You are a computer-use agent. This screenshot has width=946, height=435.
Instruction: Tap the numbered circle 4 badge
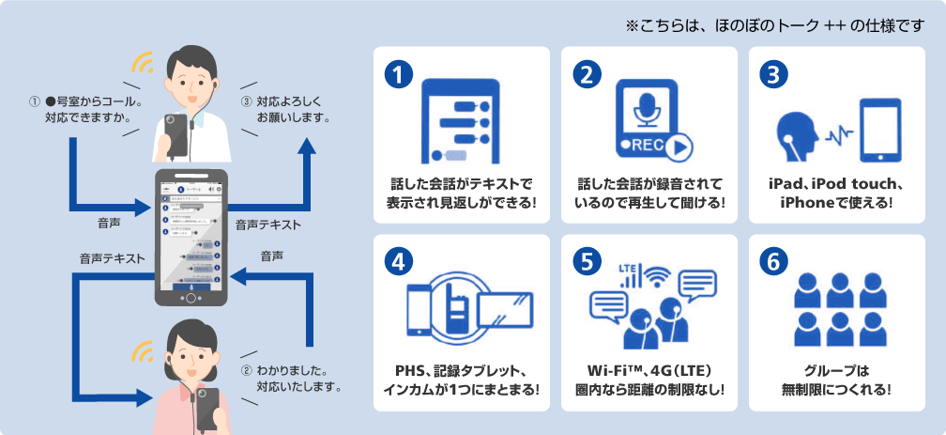tap(400, 264)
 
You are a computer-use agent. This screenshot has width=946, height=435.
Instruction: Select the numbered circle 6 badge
tap(775, 264)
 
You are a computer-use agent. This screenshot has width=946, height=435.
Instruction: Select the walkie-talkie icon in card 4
tap(461, 306)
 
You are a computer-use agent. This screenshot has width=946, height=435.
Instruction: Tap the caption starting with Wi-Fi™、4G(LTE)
tap(648, 381)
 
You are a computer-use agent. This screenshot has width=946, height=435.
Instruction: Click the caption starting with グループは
tap(836, 381)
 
